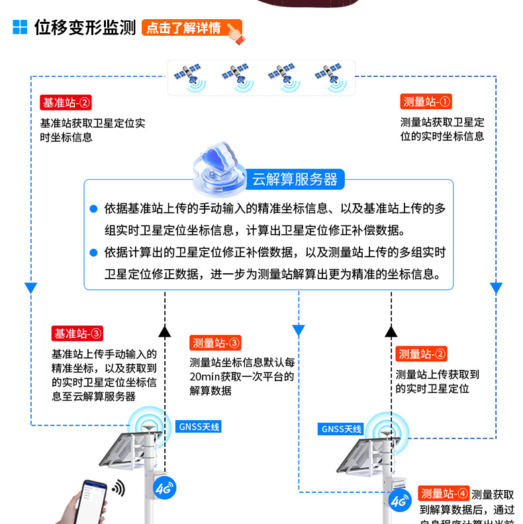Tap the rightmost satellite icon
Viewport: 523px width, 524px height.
click(330, 76)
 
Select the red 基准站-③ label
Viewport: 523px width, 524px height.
click(78, 333)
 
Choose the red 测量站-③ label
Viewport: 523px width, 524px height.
click(216, 343)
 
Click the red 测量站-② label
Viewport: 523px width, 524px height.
click(422, 354)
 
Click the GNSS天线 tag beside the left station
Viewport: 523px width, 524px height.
click(199, 427)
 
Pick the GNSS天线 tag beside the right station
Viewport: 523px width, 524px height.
click(342, 429)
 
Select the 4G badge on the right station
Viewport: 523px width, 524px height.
click(399, 502)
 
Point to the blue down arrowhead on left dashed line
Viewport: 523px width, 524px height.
click(30, 288)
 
